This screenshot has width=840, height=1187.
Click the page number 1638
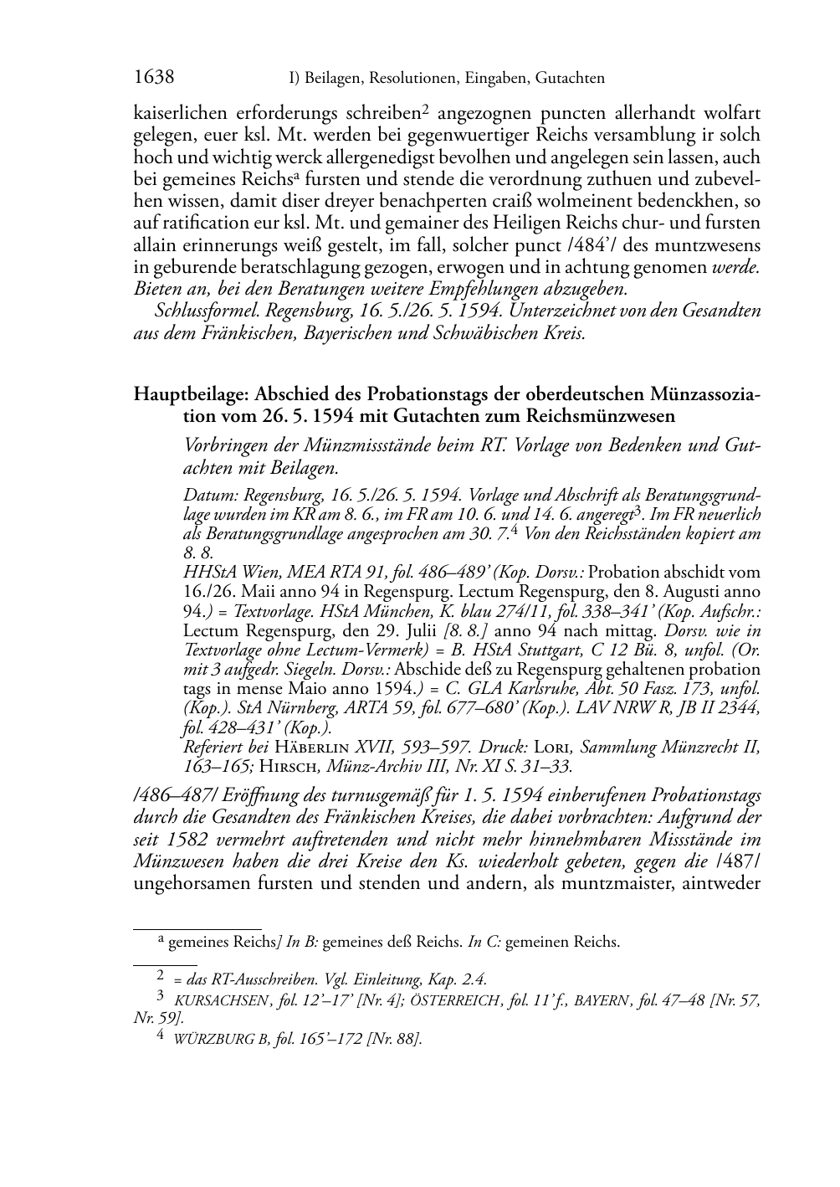(x=154, y=78)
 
